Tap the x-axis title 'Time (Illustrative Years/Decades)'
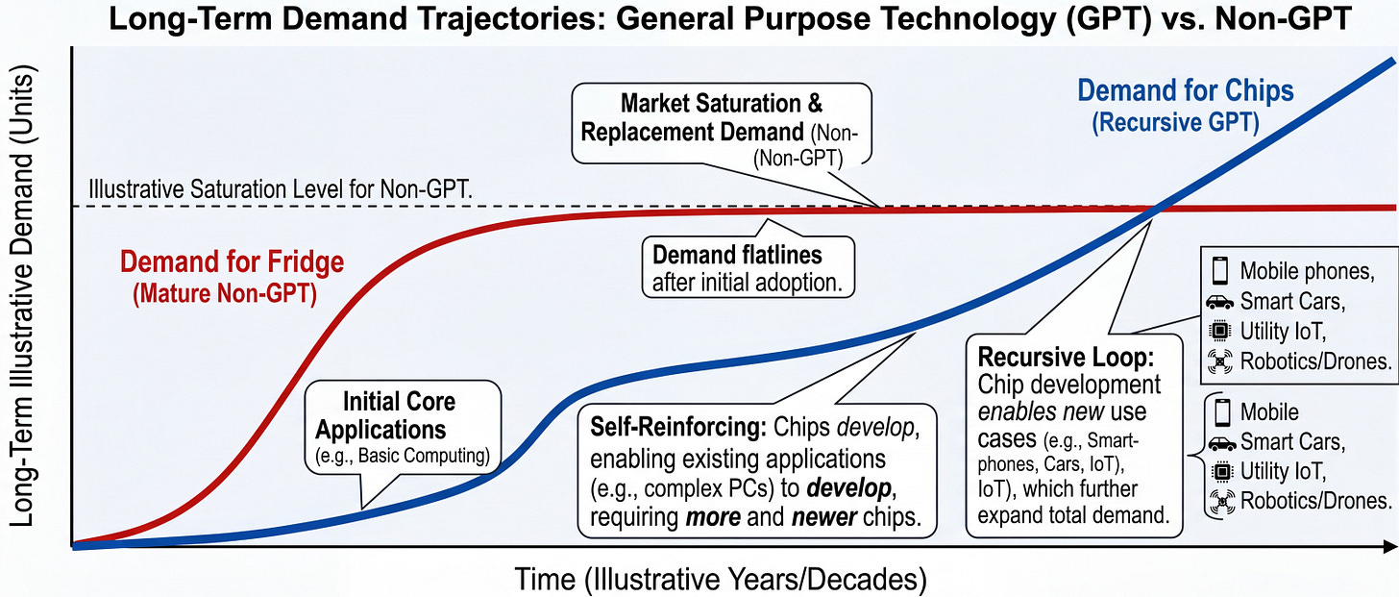721,579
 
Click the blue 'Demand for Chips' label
1186,91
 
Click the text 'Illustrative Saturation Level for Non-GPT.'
280,189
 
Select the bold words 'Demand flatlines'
738,256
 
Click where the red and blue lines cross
1157,208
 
